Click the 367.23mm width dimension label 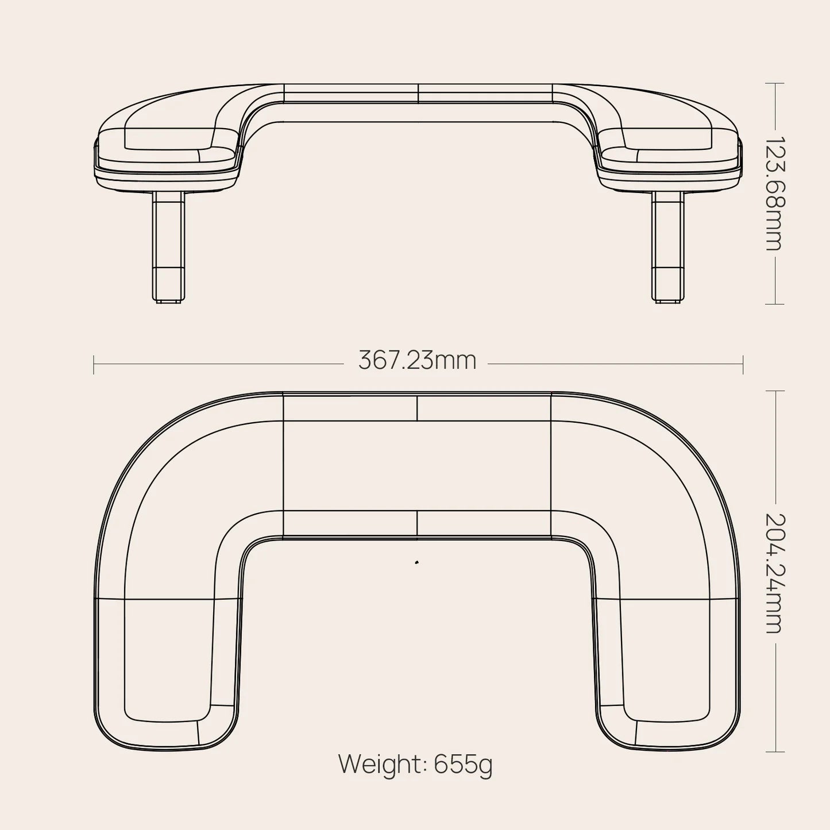pos(418,361)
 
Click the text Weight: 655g pos(415,764)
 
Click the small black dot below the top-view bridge pos(416,562)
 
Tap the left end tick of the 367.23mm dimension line pos(94,364)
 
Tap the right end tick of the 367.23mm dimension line pos(743,364)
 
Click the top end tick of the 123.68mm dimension pos(775,83)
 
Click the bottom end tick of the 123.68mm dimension pos(775,304)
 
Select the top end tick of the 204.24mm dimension pos(775,391)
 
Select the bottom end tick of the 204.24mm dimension pos(775,752)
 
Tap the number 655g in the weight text pos(463,765)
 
